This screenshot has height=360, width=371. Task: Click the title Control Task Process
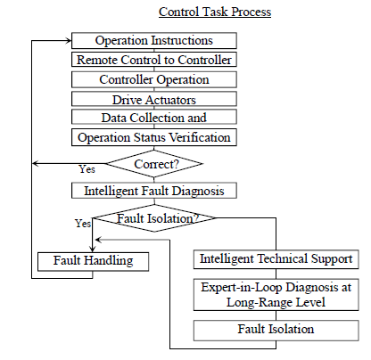(x=215, y=12)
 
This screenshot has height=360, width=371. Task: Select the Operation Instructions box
(x=154, y=41)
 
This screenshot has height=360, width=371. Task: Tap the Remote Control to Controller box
(x=154, y=60)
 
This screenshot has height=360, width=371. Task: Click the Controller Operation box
(x=154, y=79)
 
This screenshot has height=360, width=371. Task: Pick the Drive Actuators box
(x=154, y=99)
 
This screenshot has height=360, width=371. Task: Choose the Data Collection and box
(x=154, y=117)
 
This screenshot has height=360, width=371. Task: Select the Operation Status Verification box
(x=154, y=137)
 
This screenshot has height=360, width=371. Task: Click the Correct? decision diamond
(x=154, y=164)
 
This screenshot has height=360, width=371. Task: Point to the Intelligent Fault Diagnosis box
(x=154, y=191)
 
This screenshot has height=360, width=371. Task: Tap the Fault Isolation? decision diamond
(x=154, y=218)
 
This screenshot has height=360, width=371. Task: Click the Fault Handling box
(x=93, y=262)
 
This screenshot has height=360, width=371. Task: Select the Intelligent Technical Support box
(x=276, y=259)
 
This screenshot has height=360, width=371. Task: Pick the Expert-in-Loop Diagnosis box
(x=276, y=295)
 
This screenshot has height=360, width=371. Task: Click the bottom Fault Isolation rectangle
(x=276, y=331)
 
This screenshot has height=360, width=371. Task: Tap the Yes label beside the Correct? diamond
(x=87, y=169)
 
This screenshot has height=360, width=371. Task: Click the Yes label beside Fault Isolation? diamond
(x=83, y=223)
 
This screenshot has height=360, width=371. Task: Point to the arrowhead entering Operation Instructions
(x=69, y=41)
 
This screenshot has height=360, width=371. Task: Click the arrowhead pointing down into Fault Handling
(x=93, y=249)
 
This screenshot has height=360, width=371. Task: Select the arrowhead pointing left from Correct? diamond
(x=36, y=164)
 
